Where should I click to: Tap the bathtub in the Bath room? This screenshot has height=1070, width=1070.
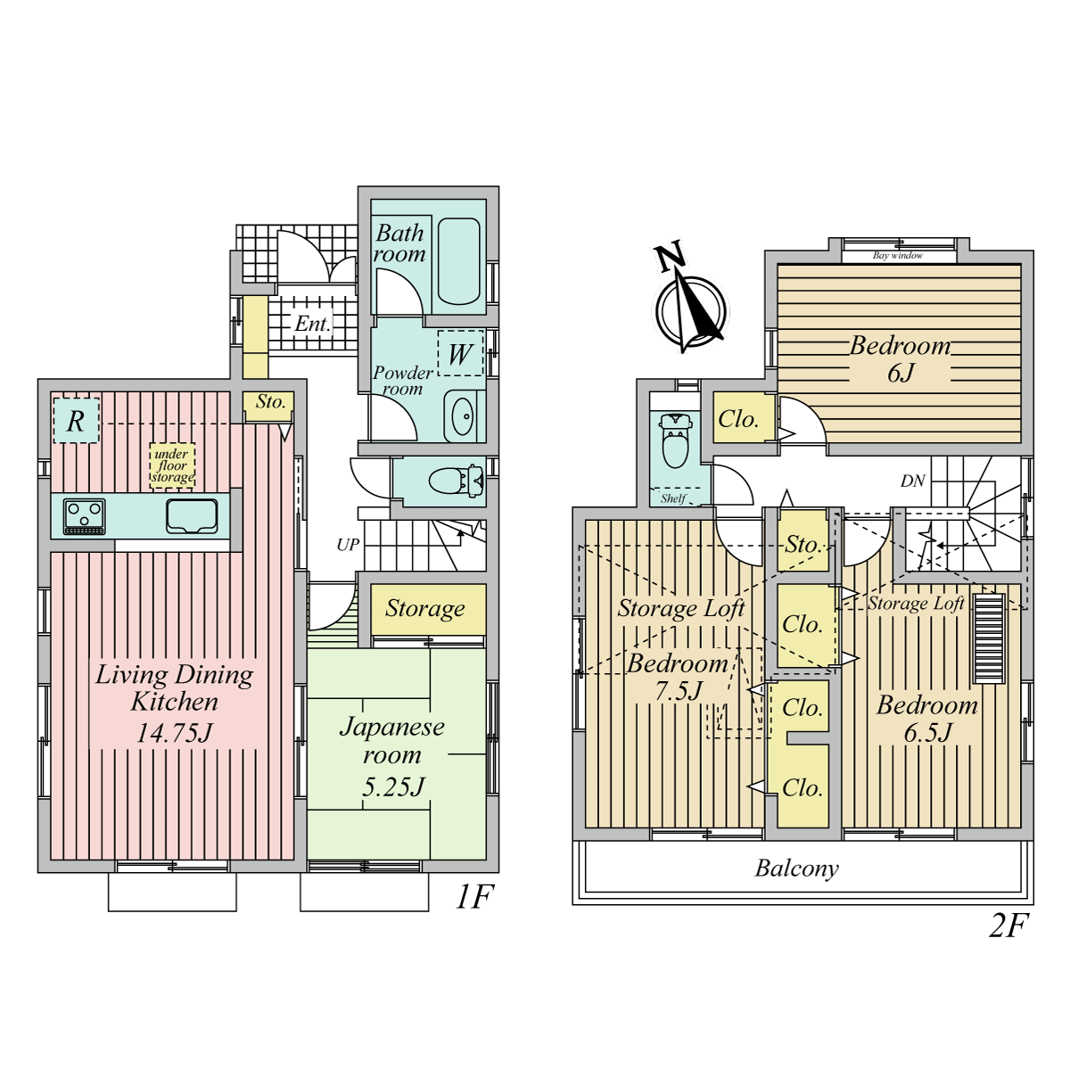[458, 261]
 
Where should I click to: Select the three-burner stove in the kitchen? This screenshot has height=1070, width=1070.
[85, 516]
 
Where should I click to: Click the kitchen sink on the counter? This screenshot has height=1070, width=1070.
[192, 516]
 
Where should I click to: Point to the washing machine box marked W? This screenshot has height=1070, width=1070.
[460, 354]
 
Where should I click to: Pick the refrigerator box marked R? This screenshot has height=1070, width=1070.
[76, 420]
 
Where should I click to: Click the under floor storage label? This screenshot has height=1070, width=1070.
[172, 465]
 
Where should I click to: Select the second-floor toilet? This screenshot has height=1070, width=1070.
[675, 440]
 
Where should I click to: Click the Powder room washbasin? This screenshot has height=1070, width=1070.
[463, 416]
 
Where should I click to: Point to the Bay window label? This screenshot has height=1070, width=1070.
[897, 255]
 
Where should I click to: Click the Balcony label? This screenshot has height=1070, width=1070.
[797, 868]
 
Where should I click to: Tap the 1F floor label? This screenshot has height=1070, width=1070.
[474, 896]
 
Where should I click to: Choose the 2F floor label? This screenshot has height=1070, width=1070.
[1008, 925]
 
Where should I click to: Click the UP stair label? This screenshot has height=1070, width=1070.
[348, 545]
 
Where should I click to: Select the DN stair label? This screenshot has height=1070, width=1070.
[913, 481]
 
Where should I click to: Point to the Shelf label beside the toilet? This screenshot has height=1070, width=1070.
[673, 498]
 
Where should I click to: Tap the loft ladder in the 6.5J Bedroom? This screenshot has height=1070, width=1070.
[989, 638]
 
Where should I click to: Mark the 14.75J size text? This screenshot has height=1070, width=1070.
[175, 734]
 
